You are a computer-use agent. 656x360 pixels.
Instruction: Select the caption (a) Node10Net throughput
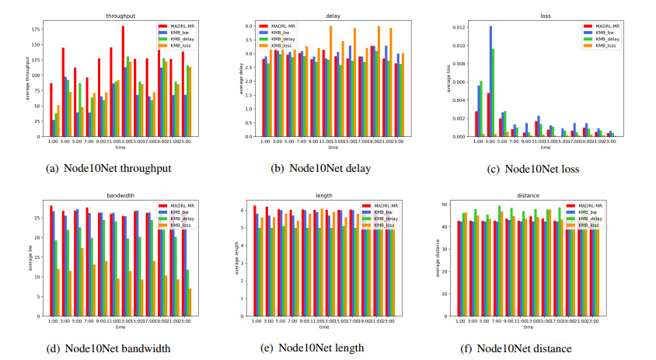(109, 167)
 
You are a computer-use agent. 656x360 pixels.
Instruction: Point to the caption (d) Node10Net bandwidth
(108, 348)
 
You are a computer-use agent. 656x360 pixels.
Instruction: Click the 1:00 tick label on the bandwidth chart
(52, 322)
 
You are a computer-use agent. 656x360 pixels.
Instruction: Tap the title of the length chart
(324, 194)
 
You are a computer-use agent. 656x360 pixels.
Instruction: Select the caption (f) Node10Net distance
(525, 348)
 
